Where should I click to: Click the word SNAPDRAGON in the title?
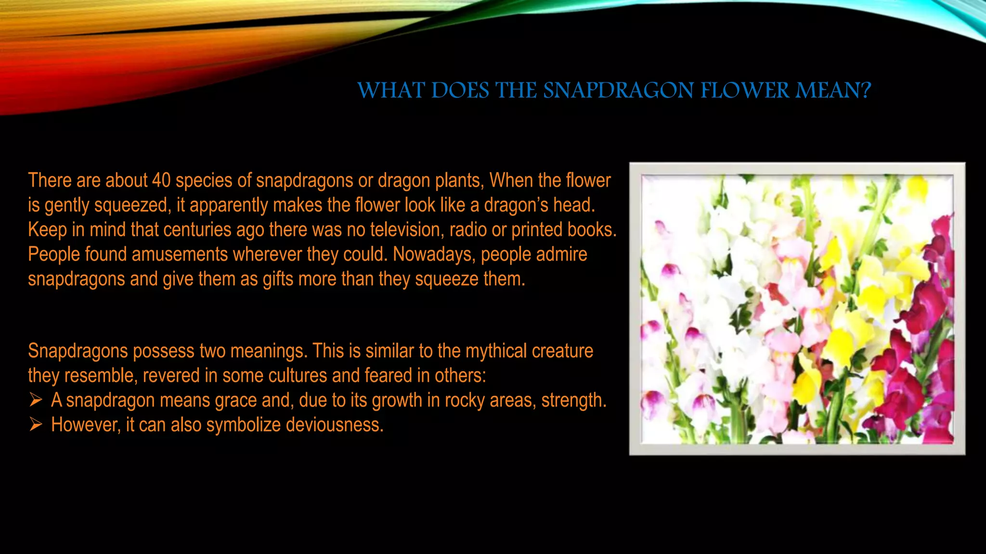619,90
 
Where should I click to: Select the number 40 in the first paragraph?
161,180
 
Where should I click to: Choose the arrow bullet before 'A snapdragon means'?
36,400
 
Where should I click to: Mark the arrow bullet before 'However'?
36,424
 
